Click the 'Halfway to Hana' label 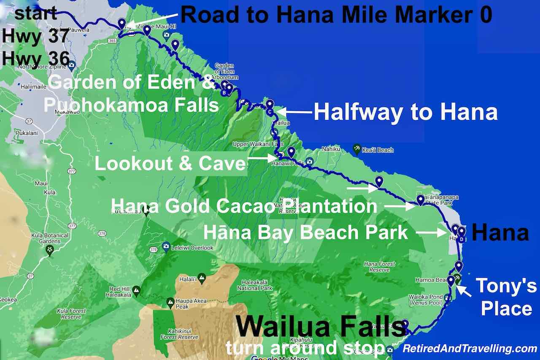coord(405,112)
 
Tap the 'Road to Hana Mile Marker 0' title coord(336,15)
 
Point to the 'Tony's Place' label coord(506,297)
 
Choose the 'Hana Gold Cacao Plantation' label coord(243,206)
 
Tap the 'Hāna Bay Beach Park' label coord(306,232)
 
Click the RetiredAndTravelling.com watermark coord(470,349)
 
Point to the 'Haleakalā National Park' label coord(257,285)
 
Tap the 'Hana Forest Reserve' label coord(379,267)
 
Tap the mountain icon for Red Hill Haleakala coord(136,290)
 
